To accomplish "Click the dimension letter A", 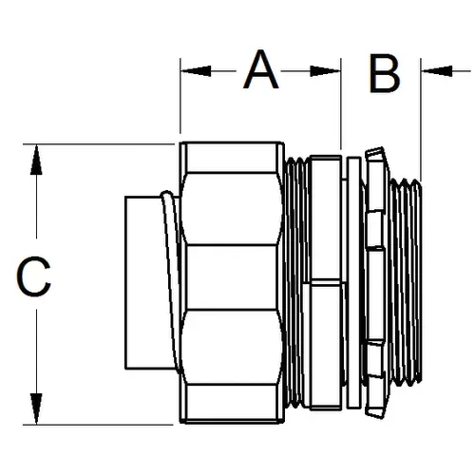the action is point(260,69).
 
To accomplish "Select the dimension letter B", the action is point(385,73).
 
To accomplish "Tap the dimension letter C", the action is point(33,276).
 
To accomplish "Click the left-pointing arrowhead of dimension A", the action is point(196,71).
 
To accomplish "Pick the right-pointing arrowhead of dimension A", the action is point(325,71).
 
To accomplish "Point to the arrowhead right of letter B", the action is point(437,71).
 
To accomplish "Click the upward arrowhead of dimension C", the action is point(36,160).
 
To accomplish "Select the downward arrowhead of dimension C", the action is point(36,408).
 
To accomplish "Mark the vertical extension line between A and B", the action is point(341,104).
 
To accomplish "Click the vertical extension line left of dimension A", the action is point(180,96).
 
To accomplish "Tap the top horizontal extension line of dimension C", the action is point(99,144).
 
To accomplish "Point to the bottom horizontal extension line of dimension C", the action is point(98,425).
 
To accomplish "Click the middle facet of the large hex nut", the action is point(232,276).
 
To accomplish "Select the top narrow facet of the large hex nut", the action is point(231,158).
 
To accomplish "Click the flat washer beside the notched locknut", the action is point(353,282).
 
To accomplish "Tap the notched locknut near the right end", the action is point(376,282).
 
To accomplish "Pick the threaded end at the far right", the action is point(407,282).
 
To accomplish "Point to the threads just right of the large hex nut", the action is point(296,282).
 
